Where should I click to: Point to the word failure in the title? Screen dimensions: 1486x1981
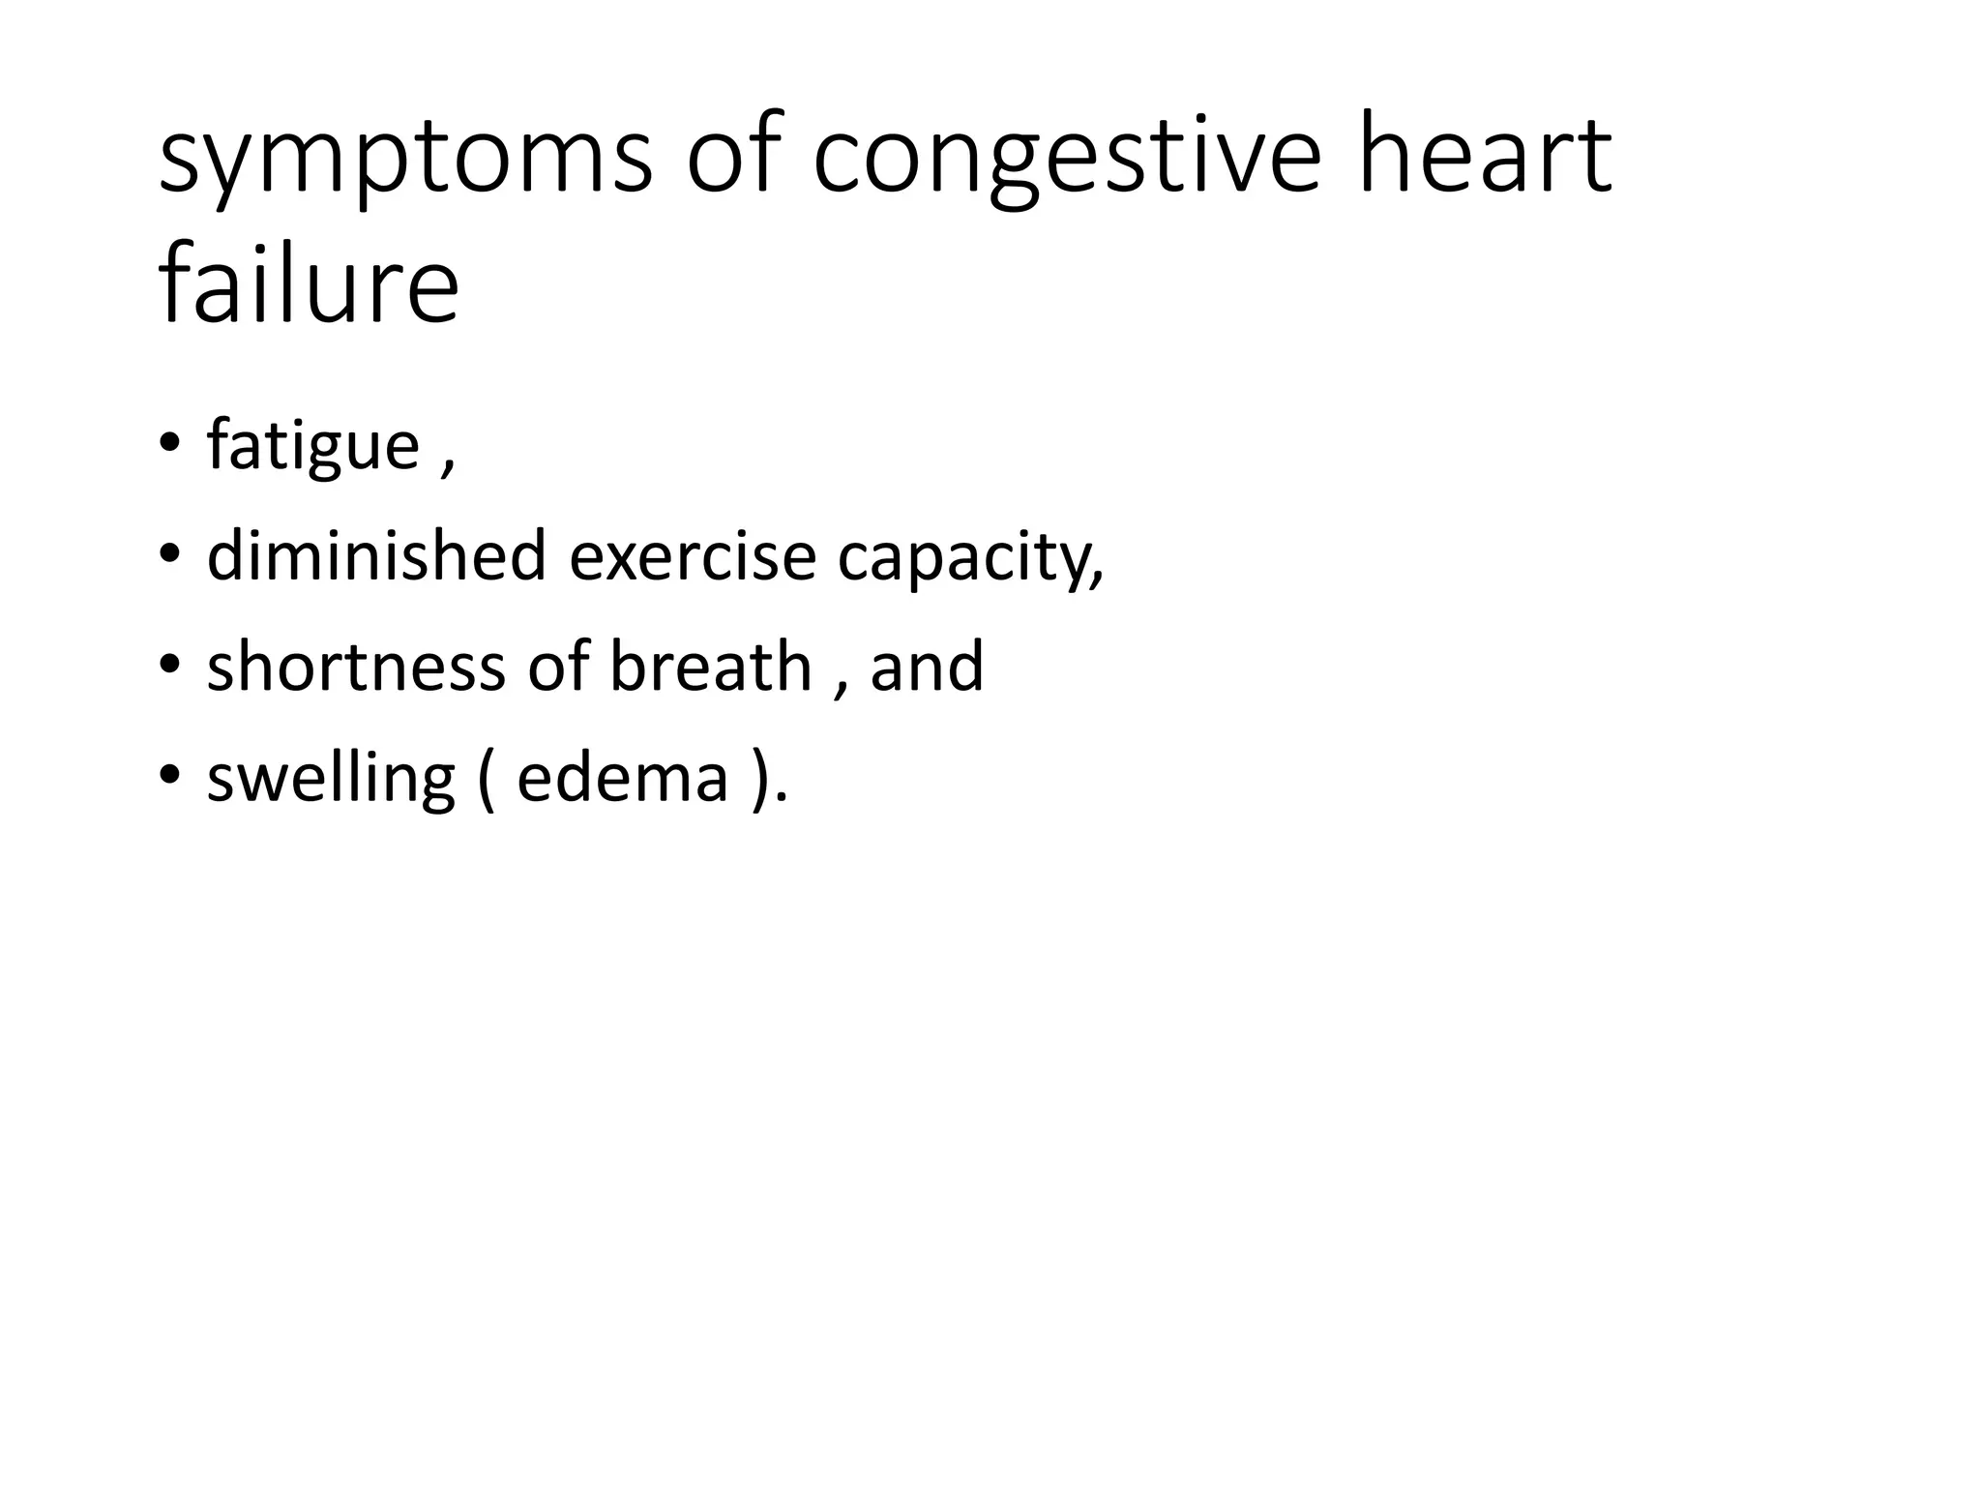(x=308, y=284)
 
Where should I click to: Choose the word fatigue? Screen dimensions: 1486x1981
(x=312, y=447)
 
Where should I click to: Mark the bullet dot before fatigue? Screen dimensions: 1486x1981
(x=169, y=444)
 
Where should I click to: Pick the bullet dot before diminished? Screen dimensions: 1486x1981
(x=169, y=555)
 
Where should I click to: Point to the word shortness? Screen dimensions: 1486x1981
(x=355, y=667)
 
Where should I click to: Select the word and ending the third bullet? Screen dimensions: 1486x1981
(x=927, y=667)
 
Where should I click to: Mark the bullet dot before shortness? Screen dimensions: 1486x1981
(x=169, y=666)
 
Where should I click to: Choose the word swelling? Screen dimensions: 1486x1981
(x=331, y=779)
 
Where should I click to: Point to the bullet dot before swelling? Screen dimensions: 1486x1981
(x=169, y=776)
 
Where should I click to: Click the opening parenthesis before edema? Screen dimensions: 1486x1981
(x=486, y=779)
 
